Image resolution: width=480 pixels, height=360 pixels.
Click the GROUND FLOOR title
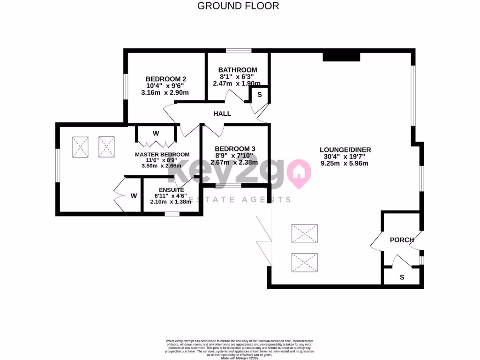tap(238, 6)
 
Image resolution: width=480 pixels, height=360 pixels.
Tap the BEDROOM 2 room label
tap(165, 79)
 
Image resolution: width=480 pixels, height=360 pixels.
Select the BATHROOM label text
tap(238, 70)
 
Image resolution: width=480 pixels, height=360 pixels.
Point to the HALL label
tap(222, 114)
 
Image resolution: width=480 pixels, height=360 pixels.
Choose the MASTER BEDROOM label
tap(162, 155)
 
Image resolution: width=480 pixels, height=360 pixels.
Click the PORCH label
tap(402, 240)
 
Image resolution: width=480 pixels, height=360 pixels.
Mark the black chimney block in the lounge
tap(341, 57)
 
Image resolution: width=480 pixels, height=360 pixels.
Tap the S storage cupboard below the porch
tap(402, 277)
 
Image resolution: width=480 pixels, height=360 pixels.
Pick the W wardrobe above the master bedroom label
tap(156, 134)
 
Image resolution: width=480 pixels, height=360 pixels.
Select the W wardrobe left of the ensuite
tap(134, 196)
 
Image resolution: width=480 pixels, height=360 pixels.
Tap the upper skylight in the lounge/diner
tap(305, 233)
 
